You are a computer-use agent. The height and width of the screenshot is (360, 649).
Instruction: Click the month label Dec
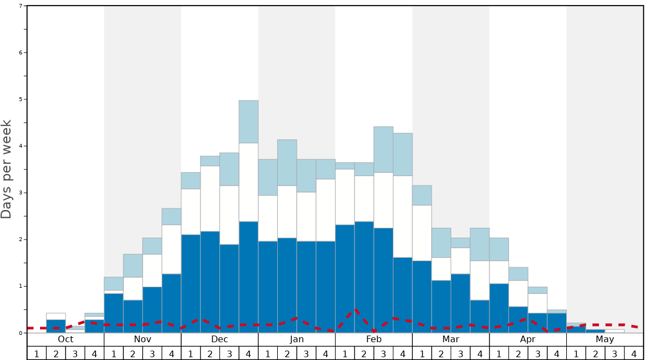219,339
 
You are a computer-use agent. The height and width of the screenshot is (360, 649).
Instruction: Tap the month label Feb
374,339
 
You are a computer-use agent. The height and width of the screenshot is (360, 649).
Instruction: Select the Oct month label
66,339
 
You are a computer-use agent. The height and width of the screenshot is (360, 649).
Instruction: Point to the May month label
605,339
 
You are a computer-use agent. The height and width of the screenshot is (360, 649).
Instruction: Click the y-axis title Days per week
7,169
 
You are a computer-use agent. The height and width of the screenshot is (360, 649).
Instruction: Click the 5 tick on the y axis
21,99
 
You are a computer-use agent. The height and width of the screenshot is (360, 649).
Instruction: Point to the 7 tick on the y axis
21,6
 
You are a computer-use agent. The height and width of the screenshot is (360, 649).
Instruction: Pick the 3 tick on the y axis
21,193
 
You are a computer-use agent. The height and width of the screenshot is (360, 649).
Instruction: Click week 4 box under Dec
248,353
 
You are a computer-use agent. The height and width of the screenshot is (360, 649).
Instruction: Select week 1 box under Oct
37,353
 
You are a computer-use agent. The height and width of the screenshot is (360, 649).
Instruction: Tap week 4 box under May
634,353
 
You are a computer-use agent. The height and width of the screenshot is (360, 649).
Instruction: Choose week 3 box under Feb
383,353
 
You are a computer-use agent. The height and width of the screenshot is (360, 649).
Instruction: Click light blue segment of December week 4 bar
248,122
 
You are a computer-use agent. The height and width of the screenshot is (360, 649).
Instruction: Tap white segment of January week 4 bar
326,210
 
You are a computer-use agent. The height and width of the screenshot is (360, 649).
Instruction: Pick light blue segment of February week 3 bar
383,149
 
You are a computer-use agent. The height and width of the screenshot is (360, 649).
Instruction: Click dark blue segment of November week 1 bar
113,313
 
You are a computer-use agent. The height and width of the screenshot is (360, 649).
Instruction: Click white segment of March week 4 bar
480,280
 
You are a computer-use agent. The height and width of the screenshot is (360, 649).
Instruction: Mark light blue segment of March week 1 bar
422,195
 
